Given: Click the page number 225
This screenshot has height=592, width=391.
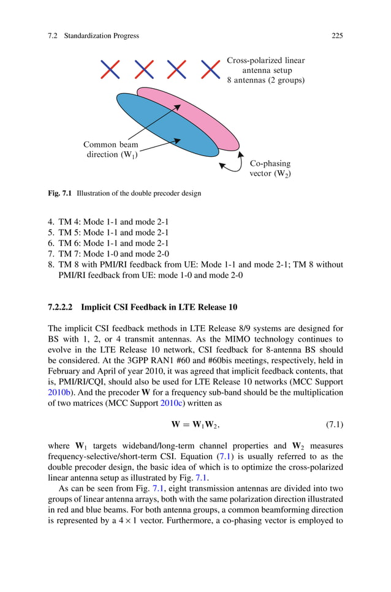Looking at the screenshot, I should (337, 36).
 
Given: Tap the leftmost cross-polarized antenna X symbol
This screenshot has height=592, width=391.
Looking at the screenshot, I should (110, 70).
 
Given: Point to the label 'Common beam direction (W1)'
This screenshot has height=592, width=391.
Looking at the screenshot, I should (111, 150).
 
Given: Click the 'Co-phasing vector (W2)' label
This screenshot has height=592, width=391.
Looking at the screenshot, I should (270, 168).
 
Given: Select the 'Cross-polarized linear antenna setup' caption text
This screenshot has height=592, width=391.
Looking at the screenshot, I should (265, 70).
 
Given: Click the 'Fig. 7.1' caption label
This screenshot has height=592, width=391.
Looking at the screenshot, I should (60, 193).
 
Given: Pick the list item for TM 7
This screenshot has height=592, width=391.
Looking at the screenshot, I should (108, 253).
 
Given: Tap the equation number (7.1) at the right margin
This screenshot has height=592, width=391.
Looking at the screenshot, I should (332, 424).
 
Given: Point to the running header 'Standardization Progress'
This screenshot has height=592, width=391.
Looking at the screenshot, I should (101, 36).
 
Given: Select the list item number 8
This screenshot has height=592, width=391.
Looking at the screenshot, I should (50, 264).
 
